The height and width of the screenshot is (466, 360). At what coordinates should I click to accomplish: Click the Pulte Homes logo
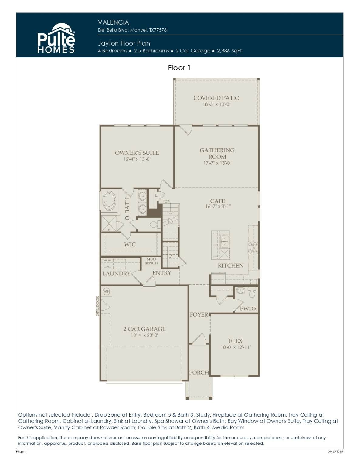[x=56, y=38]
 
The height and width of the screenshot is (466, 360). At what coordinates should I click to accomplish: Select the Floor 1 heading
[x=179, y=68]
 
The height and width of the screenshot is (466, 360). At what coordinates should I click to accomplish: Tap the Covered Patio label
[x=216, y=98]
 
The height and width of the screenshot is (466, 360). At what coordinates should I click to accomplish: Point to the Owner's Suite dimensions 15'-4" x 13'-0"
[x=137, y=159]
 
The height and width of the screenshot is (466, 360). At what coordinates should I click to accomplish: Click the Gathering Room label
[x=217, y=153]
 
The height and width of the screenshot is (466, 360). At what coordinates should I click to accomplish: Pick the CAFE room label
[x=218, y=201]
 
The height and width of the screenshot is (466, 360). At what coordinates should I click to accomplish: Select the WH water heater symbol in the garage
[x=107, y=292]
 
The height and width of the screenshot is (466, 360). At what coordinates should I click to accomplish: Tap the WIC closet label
[x=130, y=244]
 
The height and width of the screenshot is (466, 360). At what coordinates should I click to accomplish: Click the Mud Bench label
[x=151, y=261]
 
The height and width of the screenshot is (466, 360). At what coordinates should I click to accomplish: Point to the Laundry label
[x=116, y=274]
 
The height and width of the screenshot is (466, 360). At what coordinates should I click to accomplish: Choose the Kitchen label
[x=231, y=266]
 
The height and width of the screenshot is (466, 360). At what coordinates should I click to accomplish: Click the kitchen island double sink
[x=224, y=241]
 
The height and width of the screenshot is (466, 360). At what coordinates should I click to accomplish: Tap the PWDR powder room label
[x=248, y=309]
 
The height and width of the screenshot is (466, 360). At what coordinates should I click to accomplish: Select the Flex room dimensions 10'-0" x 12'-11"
[x=236, y=347]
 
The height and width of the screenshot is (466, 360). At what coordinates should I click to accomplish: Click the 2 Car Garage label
[x=144, y=329]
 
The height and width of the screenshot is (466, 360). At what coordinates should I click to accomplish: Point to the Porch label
[x=199, y=373]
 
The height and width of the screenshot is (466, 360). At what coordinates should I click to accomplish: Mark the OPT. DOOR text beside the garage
[x=97, y=306]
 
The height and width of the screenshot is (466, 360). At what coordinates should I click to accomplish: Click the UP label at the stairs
[x=167, y=201]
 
